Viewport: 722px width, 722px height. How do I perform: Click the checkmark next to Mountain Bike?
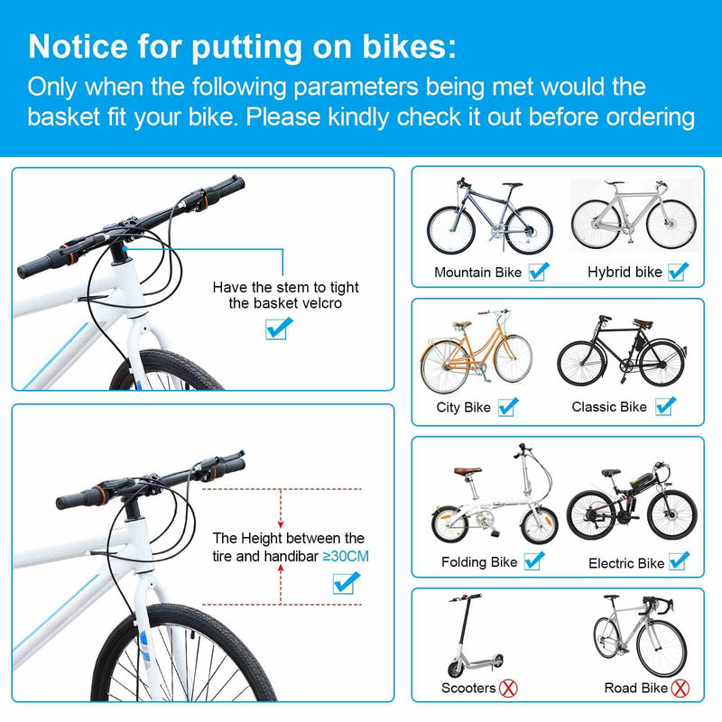click(539, 271)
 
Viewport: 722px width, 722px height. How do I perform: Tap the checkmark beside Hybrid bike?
click(679, 271)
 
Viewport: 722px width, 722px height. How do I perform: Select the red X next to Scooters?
click(511, 688)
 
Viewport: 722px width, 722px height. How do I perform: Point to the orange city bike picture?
click(476, 352)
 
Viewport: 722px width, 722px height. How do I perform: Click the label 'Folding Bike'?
click(478, 562)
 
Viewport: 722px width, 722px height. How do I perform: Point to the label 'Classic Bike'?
click(609, 407)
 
